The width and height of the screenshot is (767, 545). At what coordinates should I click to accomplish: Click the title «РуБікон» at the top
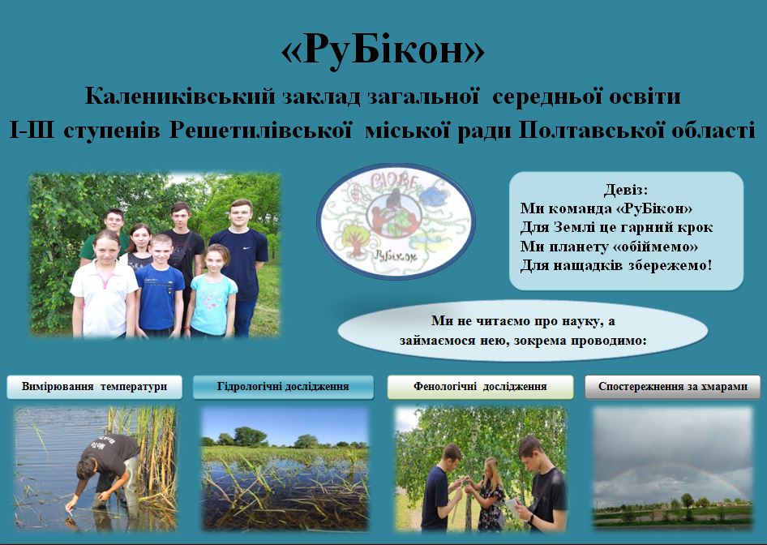pos(383,50)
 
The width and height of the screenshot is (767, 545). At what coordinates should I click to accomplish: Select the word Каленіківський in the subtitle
pos(180,96)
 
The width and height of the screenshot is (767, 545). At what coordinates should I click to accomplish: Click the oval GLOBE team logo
pos(396,221)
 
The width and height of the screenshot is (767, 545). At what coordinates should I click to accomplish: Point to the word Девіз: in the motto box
pos(626,190)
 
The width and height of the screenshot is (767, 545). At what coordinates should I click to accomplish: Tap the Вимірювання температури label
pos(94,387)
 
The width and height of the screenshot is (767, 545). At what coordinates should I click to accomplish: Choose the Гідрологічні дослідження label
pos(283,387)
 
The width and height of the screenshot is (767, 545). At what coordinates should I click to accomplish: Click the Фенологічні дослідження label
pos(480,387)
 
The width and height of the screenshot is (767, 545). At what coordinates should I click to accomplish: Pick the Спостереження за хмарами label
pos(673,387)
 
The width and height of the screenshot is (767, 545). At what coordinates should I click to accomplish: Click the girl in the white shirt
pos(105,285)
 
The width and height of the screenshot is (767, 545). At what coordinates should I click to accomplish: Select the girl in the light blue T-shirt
pos(212,292)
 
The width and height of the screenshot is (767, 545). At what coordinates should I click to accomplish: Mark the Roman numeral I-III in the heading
pos(32,131)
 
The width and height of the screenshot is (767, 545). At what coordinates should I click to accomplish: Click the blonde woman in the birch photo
pos(488,494)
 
